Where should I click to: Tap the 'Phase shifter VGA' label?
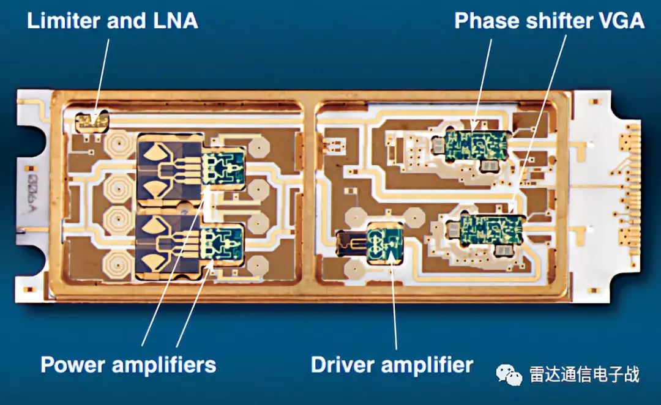549,21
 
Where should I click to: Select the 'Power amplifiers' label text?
129,365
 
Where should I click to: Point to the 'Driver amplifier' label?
392,365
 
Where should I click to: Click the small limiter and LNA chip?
91,121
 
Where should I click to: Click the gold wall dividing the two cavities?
308,196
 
